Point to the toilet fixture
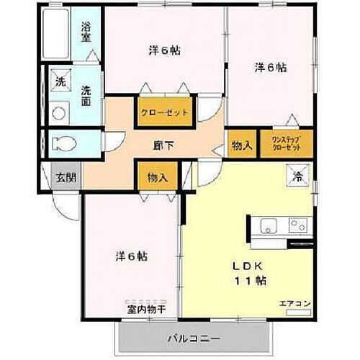pyautogui.click(x=63, y=143)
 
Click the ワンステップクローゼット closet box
pyautogui.click(x=286, y=143)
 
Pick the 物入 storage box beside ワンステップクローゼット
pyautogui.click(x=241, y=145)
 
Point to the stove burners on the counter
pyautogui.click(x=297, y=225)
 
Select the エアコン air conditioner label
pyautogui.click(x=294, y=304)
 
